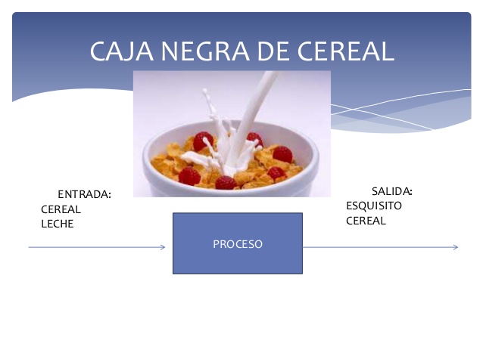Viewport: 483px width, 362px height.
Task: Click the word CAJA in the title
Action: pyautogui.click(x=122, y=51)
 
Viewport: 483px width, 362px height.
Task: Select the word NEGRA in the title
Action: pyautogui.click(x=205, y=51)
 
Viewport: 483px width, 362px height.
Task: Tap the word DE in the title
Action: pyautogui.click(x=273, y=51)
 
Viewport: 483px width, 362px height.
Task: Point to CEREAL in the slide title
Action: pyautogui.click(x=346, y=51)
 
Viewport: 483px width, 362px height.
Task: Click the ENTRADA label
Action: pyautogui.click(x=84, y=194)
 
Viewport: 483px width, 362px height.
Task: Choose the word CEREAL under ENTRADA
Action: pyautogui.click(x=61, y=209)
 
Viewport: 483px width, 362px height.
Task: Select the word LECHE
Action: pyautogui.click(x=58, y=224)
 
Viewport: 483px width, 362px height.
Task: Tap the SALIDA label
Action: pyautogui.click(x=392, y=191)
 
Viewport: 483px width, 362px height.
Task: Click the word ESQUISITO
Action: pyautogui.click(x=374, y=206)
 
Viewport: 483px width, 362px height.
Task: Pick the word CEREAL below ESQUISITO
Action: pyautogui.click(x=366, y=221)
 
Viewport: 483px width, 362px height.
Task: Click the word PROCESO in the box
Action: pyautogui.click(x=238, y=244)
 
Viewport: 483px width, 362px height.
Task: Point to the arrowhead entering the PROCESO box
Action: pyautogui.click(x=163, y=247)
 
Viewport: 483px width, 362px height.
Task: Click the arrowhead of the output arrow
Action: pyautogui.click(x=456, y=247)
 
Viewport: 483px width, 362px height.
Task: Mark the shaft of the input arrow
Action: pyautogui.click(x=97, y=247)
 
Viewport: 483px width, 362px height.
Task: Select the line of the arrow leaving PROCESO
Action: pyautogui.click(x=381, y=247)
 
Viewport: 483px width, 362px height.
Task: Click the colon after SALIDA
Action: pyautogui.click(x=411, y=192)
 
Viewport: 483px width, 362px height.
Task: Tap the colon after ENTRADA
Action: pyautogui.click(x=109, y=195)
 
